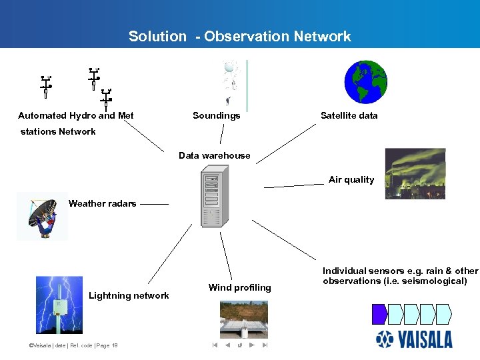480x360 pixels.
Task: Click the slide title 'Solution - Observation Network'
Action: (x=239, y=37)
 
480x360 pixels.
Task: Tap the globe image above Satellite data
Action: (x=365, y=82)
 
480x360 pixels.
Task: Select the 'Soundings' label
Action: (x=216, y=116)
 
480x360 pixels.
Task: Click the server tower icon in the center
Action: (x=213, y=199)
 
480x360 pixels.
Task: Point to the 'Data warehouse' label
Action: (x=214, y=156)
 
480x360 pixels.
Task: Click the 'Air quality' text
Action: (x=351, y=180)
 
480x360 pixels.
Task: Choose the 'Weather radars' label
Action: (x=102, y=204)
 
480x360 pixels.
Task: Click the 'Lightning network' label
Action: (x=129, y=296)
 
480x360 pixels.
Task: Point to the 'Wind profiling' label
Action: (x=239, y=288)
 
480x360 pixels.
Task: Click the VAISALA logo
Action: (x=414, y=339)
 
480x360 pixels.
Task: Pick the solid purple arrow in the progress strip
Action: (x=379, y=313)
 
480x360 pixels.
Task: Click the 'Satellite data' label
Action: (x=349, y=116)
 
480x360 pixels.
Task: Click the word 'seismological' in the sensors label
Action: (x=433, y=281)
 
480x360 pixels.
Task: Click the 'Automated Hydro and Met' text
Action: (x=76, y=116)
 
